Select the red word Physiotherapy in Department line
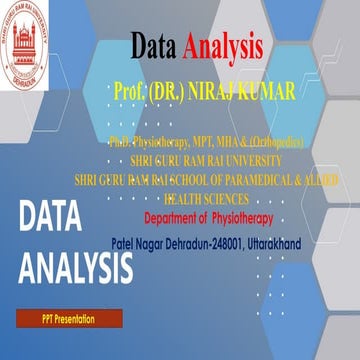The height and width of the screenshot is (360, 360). [245, 219]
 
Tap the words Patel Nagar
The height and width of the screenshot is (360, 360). [141, 243]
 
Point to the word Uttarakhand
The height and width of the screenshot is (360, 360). [292, 243]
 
